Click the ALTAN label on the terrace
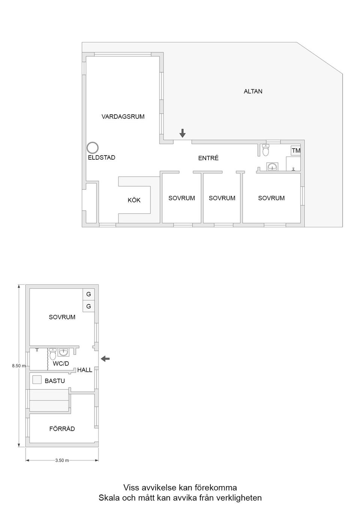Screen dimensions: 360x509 coord(253,91)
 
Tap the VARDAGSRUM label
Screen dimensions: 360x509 coord(123,117)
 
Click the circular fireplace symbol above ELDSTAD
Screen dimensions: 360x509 coord(93,148)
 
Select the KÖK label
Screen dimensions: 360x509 coord(134,200)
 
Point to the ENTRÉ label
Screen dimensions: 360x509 coord(208,158)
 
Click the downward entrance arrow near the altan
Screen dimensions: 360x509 coord(182,133)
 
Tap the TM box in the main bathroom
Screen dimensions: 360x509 coord(295,150)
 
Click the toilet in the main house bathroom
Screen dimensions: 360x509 coord(265,150)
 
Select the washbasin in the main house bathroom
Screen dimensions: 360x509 coord(272,166)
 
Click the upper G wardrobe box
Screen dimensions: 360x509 coord(88,294)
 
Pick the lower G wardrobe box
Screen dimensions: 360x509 coord(88,306)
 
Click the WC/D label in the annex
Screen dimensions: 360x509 coord(61,363)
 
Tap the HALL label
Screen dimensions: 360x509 coord(85,370)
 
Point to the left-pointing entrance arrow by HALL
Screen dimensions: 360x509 coord(105,359)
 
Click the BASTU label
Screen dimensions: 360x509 coord(55,381)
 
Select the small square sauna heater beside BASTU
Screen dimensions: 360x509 coord(37,380)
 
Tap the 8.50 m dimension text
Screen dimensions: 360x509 coord(19,366)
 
